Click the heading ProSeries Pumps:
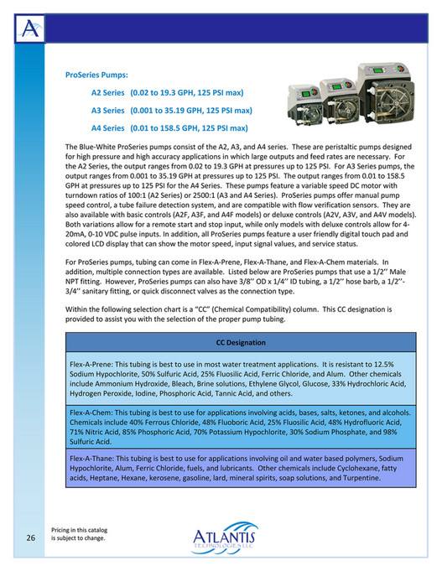(96, 75)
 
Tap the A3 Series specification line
(172, 110)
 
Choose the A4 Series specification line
(169, 128)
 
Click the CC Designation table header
(241, 343)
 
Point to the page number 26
(30, 537)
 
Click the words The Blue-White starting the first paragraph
(91, 147)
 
